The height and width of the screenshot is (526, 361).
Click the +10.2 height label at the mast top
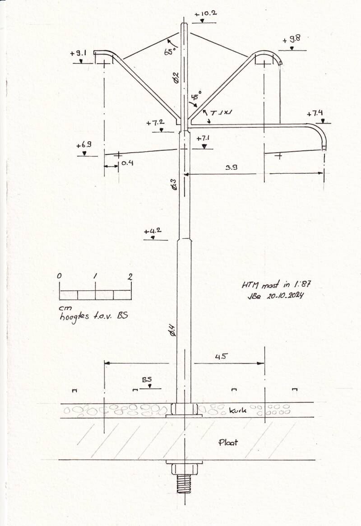coord(205,14)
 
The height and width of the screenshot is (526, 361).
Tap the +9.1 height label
coord(79,53)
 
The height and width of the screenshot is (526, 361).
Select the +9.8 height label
coord(291,40)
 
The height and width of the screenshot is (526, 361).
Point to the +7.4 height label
coord(315,114)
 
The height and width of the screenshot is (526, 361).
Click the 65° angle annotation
coord(170,50)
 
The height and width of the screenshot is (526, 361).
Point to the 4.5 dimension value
coord(221,356)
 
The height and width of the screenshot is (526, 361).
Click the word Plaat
coord(228,442)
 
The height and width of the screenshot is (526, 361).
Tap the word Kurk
coord(238,410)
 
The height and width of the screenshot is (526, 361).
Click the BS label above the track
coord(147,380)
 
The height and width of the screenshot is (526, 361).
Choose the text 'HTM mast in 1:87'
coord(276,285)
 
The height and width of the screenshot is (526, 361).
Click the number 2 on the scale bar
coord(130,277)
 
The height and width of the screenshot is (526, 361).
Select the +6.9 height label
coord(84,145)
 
